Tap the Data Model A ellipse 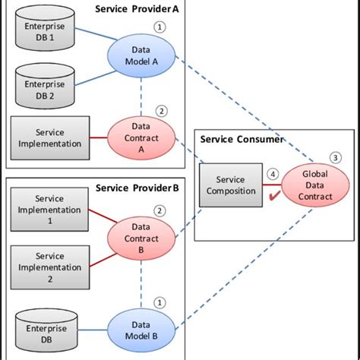[141, 55]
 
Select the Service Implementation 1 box [50, 209]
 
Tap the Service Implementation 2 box [50, 267]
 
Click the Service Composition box [231, 185]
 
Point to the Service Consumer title [242, 139]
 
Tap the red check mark [273, 197]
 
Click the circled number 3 [335, 158]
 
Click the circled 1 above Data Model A [159, 27]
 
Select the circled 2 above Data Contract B [159, 210]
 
